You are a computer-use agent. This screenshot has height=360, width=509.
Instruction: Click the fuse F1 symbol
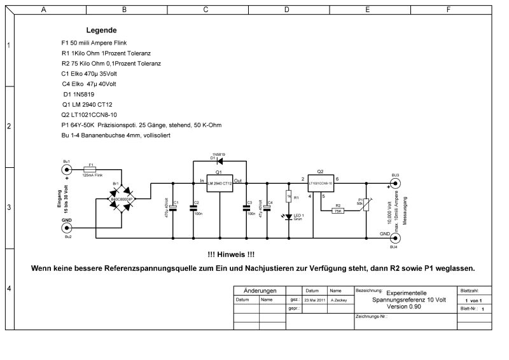tap(90, 170)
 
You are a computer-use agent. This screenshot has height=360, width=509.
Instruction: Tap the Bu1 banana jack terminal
tap(67, 170)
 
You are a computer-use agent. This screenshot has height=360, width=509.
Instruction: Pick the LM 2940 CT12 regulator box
tap(218, 182)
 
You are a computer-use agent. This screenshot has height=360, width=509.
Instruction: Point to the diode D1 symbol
tap(220, 160)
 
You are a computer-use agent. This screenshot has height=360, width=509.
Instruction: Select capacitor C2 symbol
tap(193, 207)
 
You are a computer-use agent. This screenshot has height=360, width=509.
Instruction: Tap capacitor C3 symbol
tap(248, 207)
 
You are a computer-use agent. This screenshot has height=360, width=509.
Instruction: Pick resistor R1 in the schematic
tap(288, 197)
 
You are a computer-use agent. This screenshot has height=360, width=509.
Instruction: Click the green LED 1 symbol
tap(288, 217)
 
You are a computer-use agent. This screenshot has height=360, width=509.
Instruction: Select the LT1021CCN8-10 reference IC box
tap(321, 183)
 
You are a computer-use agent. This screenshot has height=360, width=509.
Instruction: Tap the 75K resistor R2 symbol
tap(338, 211)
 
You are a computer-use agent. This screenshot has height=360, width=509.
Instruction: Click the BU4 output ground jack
tap(395, 238)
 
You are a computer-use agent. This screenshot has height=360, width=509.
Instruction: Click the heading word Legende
tap(101, 30)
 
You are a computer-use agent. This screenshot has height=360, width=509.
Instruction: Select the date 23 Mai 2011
tap(316, 299)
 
